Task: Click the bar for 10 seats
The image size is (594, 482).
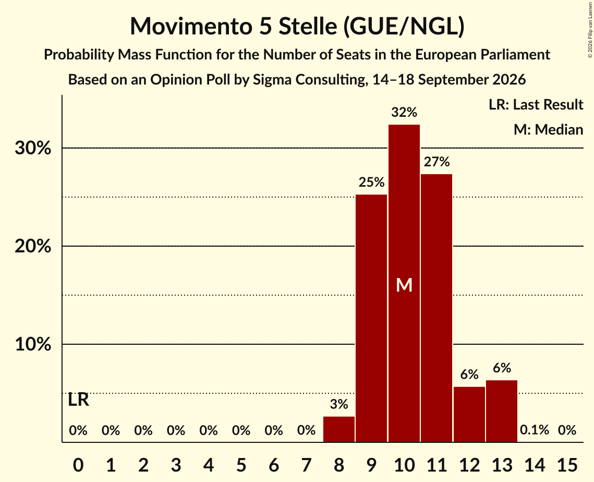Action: click(404, 283)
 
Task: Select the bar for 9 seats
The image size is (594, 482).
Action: click(371, 318)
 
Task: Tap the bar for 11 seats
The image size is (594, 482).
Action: click(437, 308)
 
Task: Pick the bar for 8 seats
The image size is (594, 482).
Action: click(338, 429)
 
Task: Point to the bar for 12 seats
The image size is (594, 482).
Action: click(469, 415)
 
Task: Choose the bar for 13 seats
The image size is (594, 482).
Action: click(502, 411)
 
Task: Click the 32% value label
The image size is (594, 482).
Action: click(404, 112)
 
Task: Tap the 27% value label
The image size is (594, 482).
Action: click(437, 162)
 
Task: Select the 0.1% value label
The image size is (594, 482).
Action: click(535, 430)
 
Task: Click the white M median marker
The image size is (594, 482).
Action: click(404, 285)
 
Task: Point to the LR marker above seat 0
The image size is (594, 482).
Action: click(78, 400)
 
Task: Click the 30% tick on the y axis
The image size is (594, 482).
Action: click(33, 148)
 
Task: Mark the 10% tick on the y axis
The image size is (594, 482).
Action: click(33, 344)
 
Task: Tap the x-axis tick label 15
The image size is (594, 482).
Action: click(567, 465)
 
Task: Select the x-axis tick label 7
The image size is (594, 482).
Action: click(306, 465)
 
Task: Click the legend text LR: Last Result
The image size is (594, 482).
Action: click(536, 104)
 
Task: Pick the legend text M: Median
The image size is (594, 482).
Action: click(548, 129)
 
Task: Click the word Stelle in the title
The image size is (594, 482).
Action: click(308, 26)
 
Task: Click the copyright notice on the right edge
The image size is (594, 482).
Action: click(590, 30)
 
